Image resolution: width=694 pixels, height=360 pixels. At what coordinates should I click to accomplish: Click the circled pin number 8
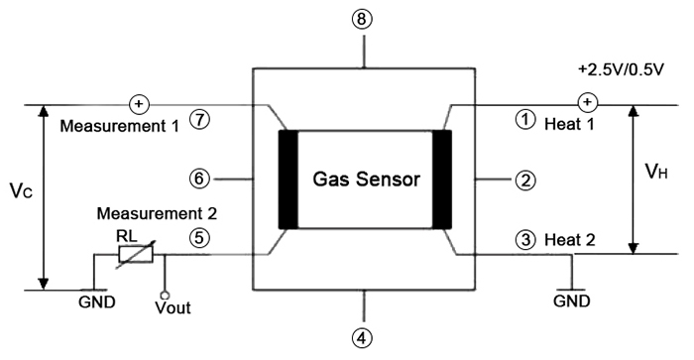pyautogui.click(x=366, y=17)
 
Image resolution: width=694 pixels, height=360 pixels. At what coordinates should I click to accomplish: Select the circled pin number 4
pyautogui.click(x=366, y=337)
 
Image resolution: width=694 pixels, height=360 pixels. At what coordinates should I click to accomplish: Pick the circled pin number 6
pyautogui.click(x=201, y=180)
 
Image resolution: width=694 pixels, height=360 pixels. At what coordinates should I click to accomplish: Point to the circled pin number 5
pyautogui.click(x=201, y=238)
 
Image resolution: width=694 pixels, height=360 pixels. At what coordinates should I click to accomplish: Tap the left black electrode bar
pyautogui.click(x=289, y=180)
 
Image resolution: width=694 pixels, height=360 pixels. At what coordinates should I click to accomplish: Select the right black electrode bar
pyautogui.click(x=442, y=180)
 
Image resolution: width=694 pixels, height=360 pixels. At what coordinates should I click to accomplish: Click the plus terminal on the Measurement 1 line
pyautogui.click(x=136, y=103)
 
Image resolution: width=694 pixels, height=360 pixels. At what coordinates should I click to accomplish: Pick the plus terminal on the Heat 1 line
pyautogui.click(x=586, y=103)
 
